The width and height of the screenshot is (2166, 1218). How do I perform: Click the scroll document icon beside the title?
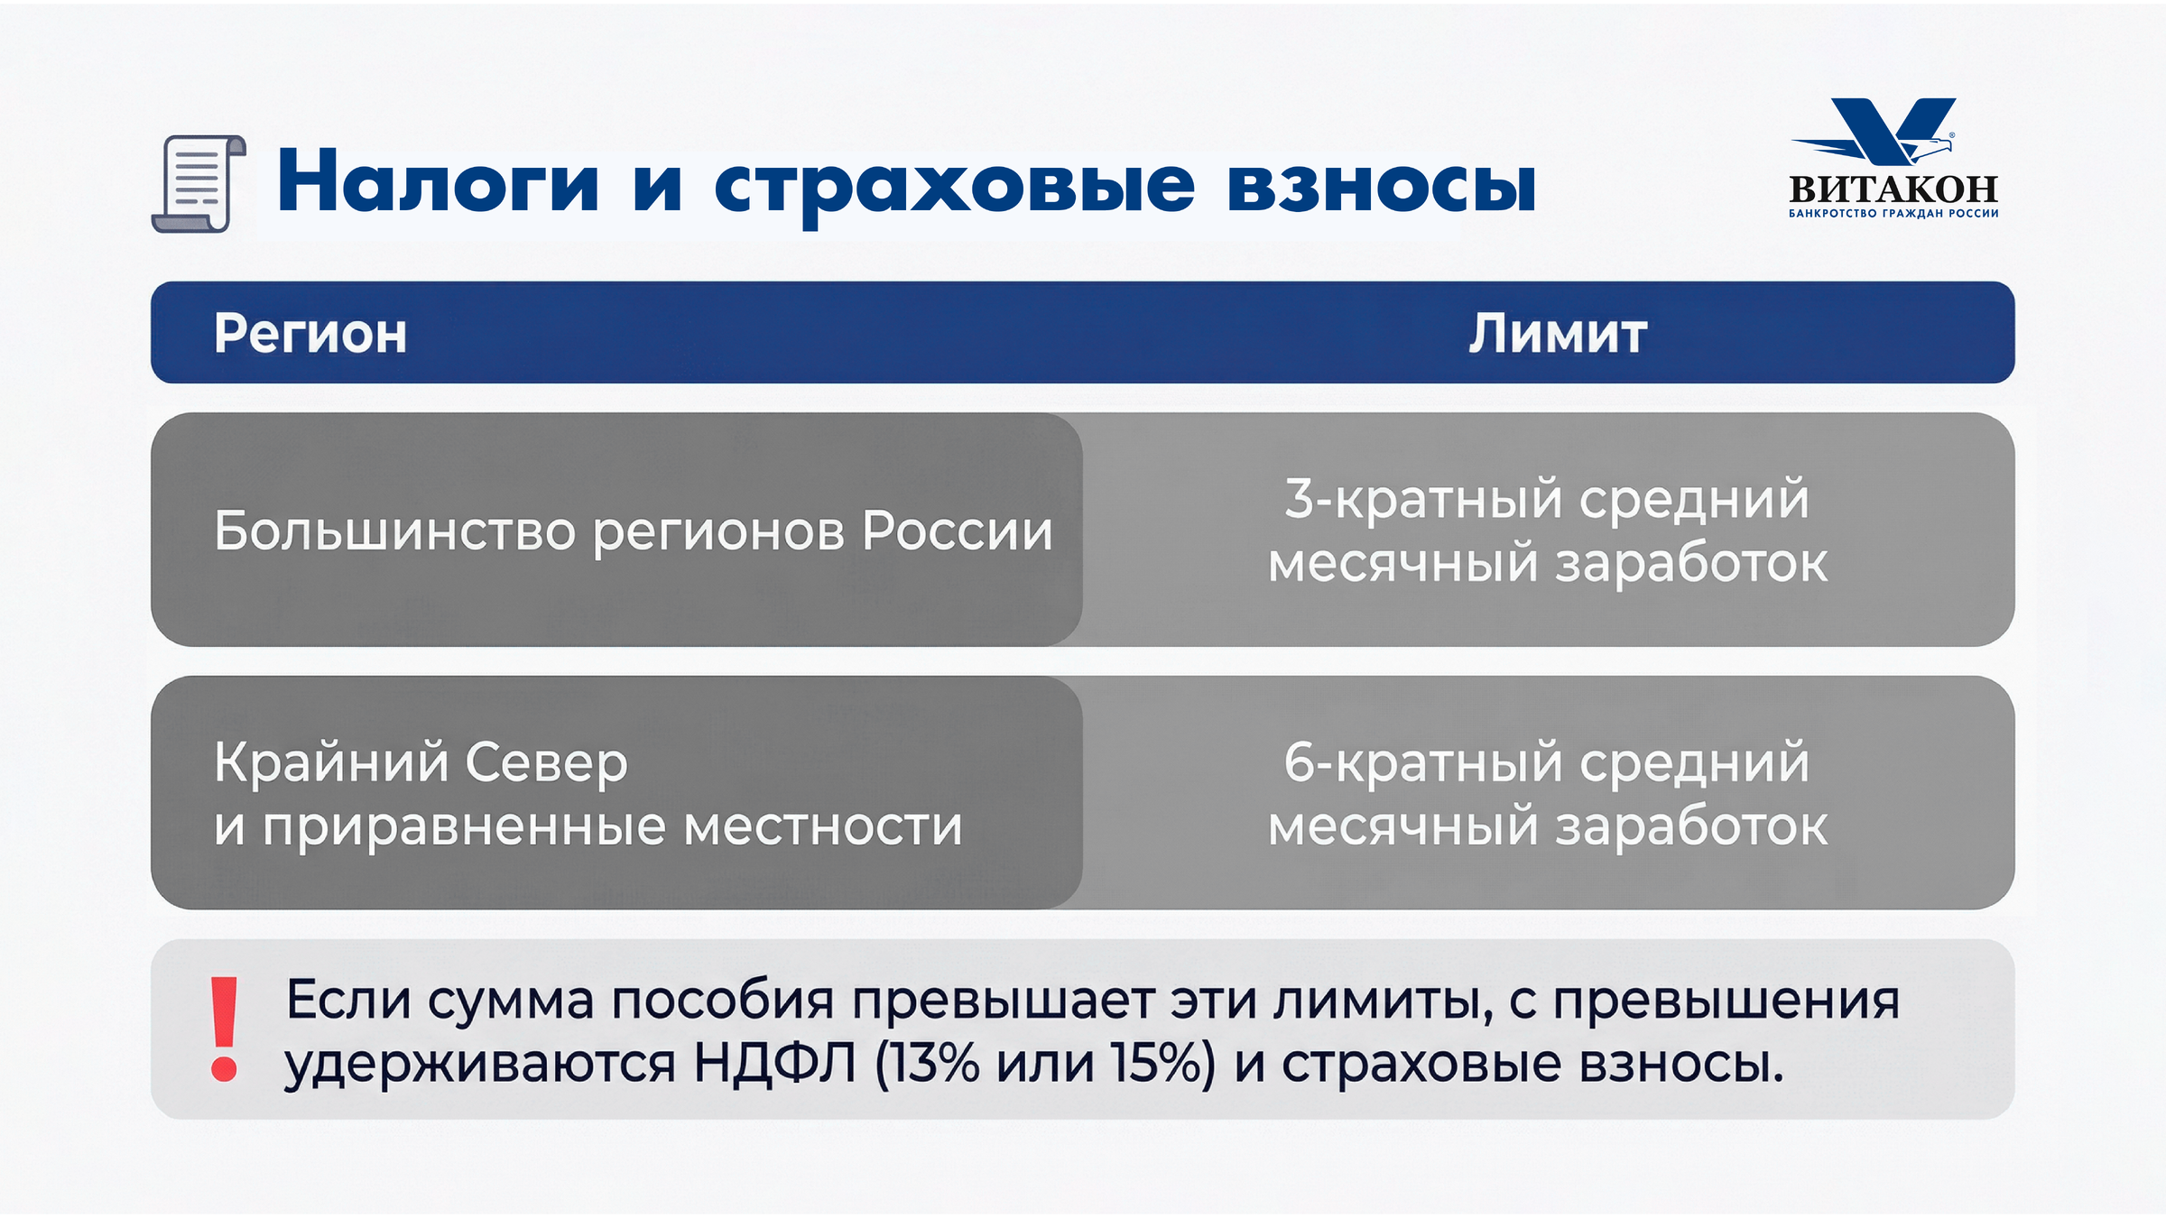pyautogui.click(x=199, y=184)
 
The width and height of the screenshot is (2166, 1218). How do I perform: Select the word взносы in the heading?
pyautogui.click(x=1381, y=186)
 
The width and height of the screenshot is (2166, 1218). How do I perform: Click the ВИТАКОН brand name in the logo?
pyautogui.click(x=1893, y=189)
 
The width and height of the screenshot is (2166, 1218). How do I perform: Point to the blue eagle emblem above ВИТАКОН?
pyautogui.click(x=1877, y=132)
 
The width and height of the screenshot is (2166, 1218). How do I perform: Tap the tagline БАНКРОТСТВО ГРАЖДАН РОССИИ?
pyautogui.click(x=1893, y=214)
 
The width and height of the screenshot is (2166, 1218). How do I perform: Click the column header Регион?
pyautogui.click(x=310, y=335)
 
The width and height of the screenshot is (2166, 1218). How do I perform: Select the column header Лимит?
pyautogui.click(x=1558, y=333)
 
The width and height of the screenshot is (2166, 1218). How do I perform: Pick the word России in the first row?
pyautogui.click(x=958, y=531)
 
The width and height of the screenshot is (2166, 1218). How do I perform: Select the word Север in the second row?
pyautogui.click(x=547, y=762)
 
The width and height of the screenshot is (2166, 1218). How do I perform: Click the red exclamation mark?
pyautogui.click(x=224, y=1029)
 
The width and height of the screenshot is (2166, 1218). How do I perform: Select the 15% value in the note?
pyautogui.click(x=1164, y=1064)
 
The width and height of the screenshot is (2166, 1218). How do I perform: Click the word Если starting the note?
pyautogui.click(x=348, y=1000)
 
